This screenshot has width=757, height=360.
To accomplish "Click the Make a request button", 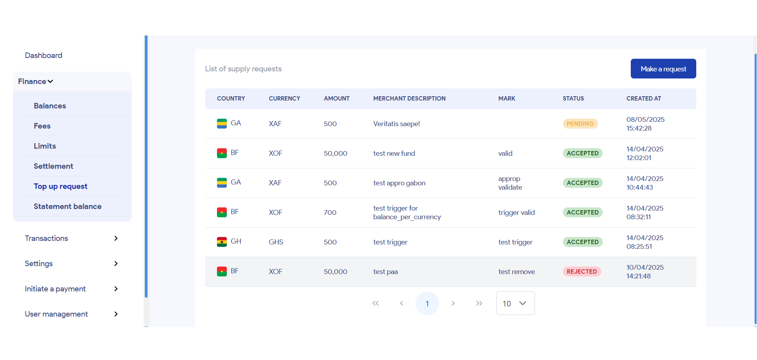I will click(663, 69).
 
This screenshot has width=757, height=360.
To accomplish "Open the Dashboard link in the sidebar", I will click(44, 56).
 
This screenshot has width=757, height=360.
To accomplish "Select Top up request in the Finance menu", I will click(60, 187).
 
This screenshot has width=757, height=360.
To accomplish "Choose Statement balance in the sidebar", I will click(67, 207).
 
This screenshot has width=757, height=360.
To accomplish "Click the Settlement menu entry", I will click(53, 166).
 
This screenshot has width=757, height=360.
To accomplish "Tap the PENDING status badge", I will click(580, 124).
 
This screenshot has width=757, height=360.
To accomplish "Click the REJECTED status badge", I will click(581, 272).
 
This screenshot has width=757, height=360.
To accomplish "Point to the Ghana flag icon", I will click(222, 242).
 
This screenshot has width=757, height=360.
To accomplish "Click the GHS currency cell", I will click(276, 242).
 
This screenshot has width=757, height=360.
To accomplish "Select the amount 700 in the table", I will click(330, 213).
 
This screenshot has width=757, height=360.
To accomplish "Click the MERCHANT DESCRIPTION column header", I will click(409, 99).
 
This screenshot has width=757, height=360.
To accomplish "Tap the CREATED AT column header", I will click(643, 99).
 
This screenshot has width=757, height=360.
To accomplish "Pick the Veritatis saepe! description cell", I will click(396, 124).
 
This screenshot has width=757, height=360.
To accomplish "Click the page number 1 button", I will click(427, 303).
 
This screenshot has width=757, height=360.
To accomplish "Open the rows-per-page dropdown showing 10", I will click(515, 303).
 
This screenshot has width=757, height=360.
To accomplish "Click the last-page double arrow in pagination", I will click(479, 303).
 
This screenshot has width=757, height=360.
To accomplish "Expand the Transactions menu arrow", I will click(116, 239).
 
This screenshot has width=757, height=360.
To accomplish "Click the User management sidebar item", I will click(56, 314).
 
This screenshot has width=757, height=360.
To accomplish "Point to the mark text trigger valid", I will click(516, 213).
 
